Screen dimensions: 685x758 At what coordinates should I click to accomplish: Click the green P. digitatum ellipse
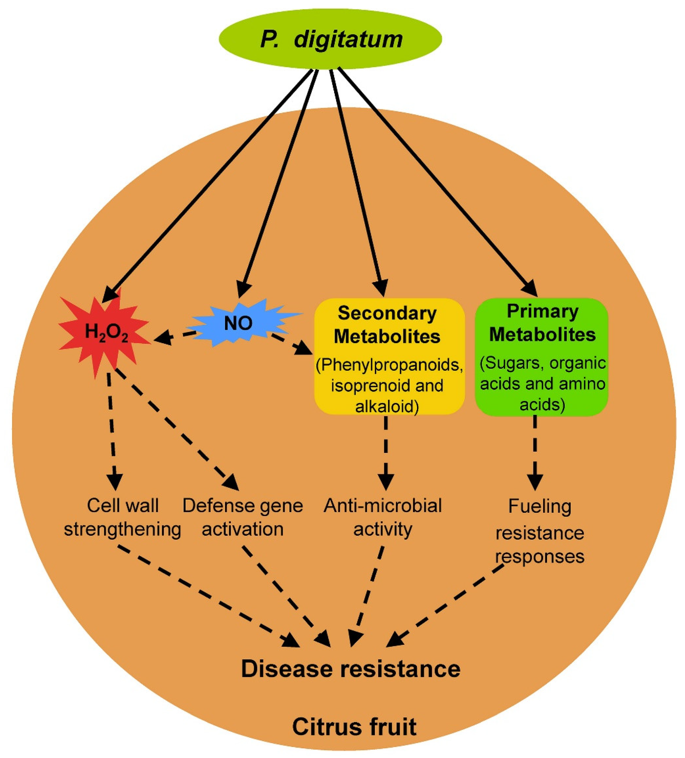point(330,39)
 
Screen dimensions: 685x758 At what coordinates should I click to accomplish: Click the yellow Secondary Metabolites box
point(389,356)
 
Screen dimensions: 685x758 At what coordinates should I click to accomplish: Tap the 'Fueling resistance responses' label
point(540,531)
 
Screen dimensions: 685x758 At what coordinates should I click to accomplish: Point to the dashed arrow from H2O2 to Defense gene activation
point(177,429)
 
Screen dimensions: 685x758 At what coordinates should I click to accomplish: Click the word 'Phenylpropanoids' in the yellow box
point(389,364)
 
